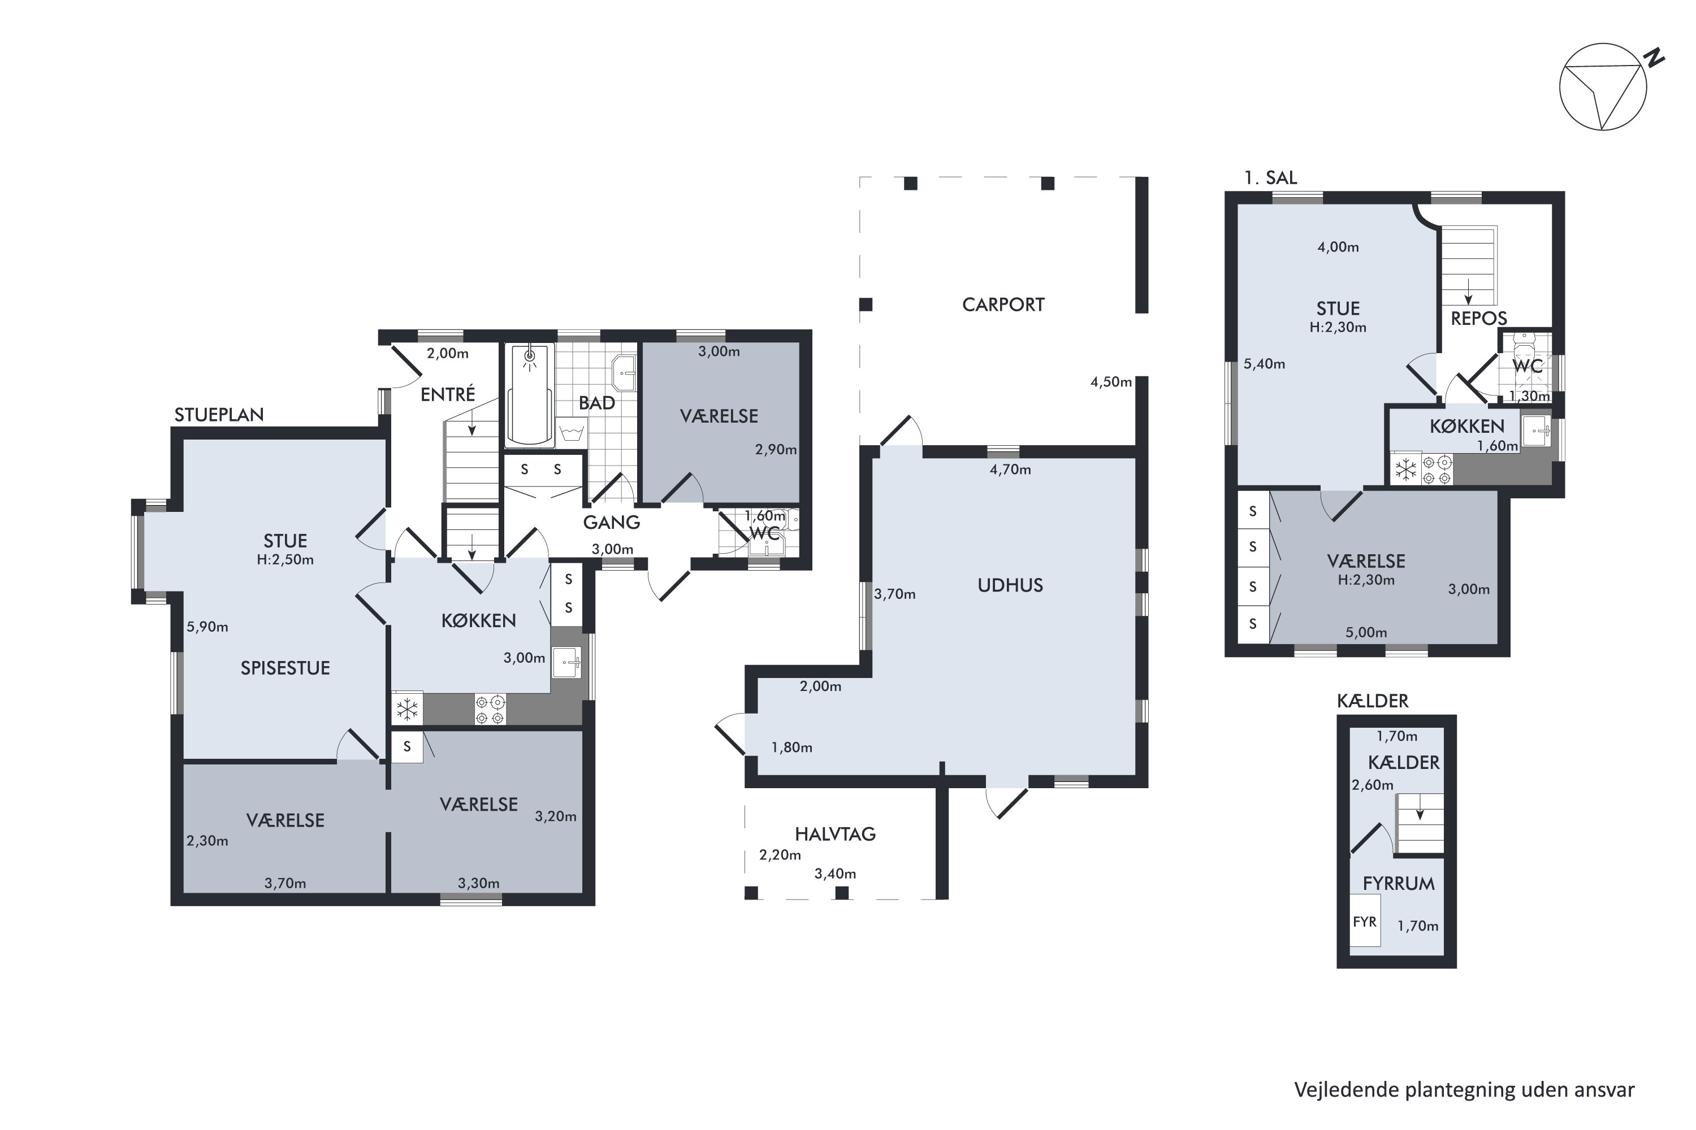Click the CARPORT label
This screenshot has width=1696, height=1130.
click(1003, 305)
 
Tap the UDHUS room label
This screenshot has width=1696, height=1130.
click(1010, 585)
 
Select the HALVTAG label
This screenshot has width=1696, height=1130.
click(835, 834)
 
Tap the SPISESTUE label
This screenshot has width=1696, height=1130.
click(285, 668)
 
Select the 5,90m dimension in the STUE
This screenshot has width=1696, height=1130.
click(207, 627)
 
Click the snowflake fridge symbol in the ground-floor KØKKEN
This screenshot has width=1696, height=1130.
click(408, 709)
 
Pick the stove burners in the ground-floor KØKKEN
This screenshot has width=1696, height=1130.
click(490, 709)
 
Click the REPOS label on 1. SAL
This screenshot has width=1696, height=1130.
click(1479, 319)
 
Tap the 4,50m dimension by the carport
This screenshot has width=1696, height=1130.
click(1111, 382)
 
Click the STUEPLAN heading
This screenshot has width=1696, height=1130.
click(219, 414)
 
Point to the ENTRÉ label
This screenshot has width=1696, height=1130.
click(448, 394)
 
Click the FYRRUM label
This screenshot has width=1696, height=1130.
click(1399, 884)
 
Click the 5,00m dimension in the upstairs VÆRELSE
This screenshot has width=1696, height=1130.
click(1366, 633)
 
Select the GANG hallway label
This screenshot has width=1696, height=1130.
click(612, 523)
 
